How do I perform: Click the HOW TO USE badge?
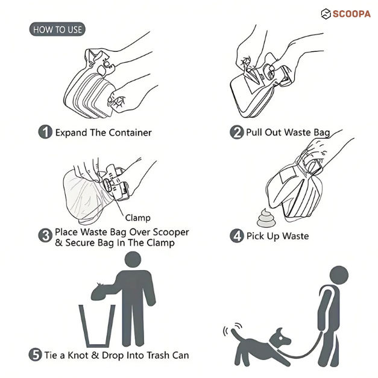click(57, 29)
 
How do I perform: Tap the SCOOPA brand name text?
click(351, 14)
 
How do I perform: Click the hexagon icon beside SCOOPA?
click(326, 14)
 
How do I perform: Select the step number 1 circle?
click(45, 132)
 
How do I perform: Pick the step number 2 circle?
click(237, 132)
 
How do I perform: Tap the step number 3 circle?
click(45, 236)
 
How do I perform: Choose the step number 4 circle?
click(237, 236)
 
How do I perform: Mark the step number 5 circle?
click(36, 354)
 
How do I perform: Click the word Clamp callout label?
click(137, 218)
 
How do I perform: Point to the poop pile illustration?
click(265, 218)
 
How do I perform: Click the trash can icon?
click(97, 326)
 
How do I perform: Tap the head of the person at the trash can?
click(133, 259)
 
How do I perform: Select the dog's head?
click(281, 338)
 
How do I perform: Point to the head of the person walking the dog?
click(339, 276)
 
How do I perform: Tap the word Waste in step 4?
click(295, 236)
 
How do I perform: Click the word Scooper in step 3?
click(171, 232)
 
